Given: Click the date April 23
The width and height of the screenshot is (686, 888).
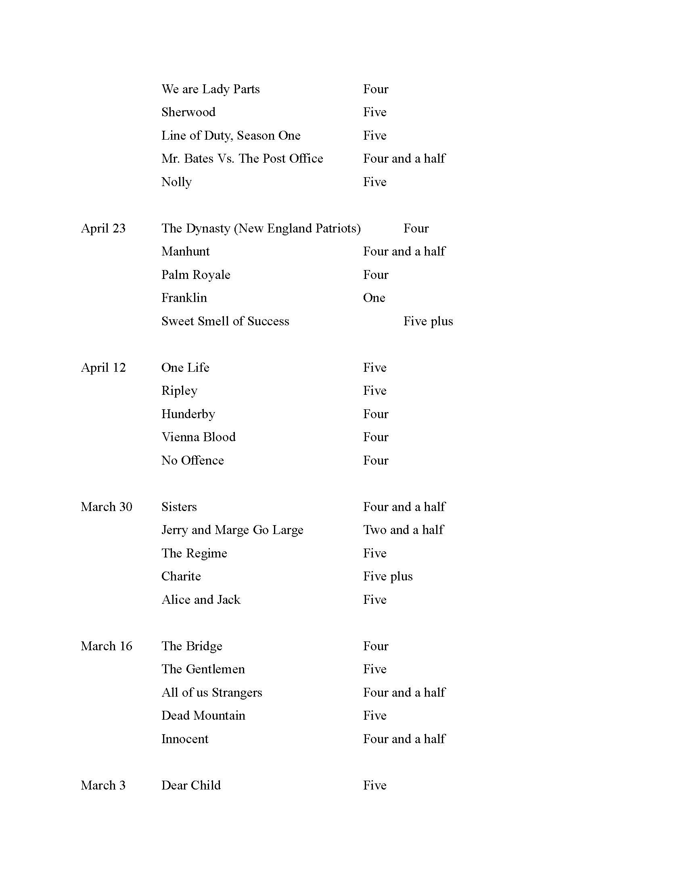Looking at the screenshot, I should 103,228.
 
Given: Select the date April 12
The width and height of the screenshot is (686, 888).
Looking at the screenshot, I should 103,368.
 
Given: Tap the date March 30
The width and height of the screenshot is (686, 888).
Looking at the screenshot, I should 107,507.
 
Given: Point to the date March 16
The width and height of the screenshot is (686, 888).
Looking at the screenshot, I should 107,646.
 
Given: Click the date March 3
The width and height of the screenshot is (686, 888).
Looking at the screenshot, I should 103,785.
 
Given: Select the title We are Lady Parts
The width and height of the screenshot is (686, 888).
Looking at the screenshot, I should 211,89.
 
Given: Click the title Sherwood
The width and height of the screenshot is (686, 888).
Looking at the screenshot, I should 188,112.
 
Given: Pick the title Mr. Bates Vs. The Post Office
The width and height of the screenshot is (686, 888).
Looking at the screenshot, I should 242,159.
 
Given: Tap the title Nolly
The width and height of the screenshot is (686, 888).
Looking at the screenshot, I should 176,182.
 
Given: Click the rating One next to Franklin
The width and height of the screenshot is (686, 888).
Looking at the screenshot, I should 374,298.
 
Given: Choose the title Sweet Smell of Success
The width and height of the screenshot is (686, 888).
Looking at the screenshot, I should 225,321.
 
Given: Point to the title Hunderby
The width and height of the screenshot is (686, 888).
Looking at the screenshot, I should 188,414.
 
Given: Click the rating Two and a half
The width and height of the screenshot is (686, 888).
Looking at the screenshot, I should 404,530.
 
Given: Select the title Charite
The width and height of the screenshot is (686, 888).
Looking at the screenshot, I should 181,576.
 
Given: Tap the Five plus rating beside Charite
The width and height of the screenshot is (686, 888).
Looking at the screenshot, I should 388,576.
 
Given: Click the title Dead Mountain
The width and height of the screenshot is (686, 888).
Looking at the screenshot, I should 203,716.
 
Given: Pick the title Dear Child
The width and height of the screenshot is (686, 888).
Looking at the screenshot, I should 191,785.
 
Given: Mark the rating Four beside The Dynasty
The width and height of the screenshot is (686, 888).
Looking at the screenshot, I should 416,228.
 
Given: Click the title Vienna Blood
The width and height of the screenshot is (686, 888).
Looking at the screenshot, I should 198,437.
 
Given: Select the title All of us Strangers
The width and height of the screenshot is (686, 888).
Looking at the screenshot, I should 212,692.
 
